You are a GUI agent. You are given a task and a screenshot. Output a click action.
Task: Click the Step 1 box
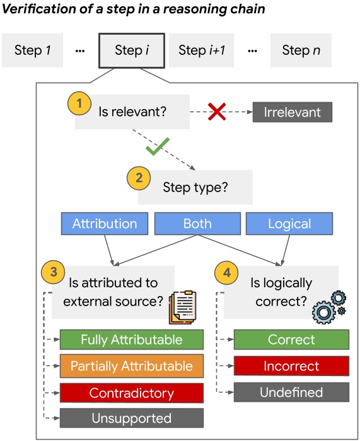click(33, 50)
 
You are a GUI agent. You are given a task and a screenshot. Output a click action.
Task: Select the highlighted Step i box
click(132, 50)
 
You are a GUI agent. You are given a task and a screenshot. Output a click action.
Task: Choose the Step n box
click(300, 50)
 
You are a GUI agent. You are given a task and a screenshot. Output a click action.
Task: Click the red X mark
click(217, 112)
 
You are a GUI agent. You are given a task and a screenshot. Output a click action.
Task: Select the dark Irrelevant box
click(292, 112)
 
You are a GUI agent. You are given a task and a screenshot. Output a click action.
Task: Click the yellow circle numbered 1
click(79, 103)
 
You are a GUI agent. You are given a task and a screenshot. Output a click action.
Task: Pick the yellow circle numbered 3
click(54, 272)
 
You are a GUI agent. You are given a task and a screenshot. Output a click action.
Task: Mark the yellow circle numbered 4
click(227, 272)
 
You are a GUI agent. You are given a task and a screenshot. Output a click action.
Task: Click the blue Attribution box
click(105, 224)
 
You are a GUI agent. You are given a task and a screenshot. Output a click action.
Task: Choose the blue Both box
click(197, 224)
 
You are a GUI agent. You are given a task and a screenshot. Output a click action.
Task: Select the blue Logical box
click(289, 224)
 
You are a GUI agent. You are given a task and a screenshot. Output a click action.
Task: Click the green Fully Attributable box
click(132, 340)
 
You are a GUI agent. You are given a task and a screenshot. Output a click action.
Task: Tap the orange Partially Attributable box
click(132, 367)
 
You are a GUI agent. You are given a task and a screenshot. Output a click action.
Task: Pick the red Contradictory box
click(132, 393)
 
